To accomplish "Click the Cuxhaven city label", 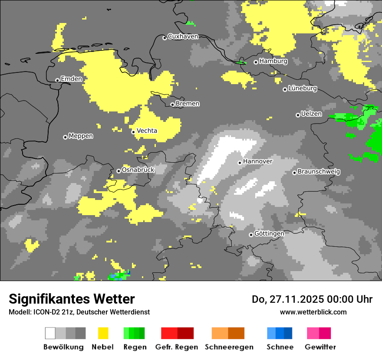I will tap(183, 37).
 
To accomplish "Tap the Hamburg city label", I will tap(273, 62).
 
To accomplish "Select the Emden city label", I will tap(71, 79).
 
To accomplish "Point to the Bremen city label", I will tap(188, 104).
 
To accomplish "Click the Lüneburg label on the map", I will tap(303, 88).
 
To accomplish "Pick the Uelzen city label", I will tap(311, 114).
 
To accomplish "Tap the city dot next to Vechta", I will tap(133, 132).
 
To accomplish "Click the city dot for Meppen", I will tap(65, 137).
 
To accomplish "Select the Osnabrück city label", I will tap(138, 170).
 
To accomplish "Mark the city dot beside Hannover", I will tap(240, 163).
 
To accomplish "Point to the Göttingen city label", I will tap(269, 234).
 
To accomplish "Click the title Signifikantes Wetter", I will tap(72, 299).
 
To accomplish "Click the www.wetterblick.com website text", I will tap(313, 312).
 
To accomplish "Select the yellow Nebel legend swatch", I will tap(103, 333).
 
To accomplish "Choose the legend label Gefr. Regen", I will tap(177, 347).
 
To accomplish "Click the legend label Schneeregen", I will tap(229, 347).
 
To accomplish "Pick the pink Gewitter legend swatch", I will tap(313, 333).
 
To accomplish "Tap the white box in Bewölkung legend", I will tap(50, 333).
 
